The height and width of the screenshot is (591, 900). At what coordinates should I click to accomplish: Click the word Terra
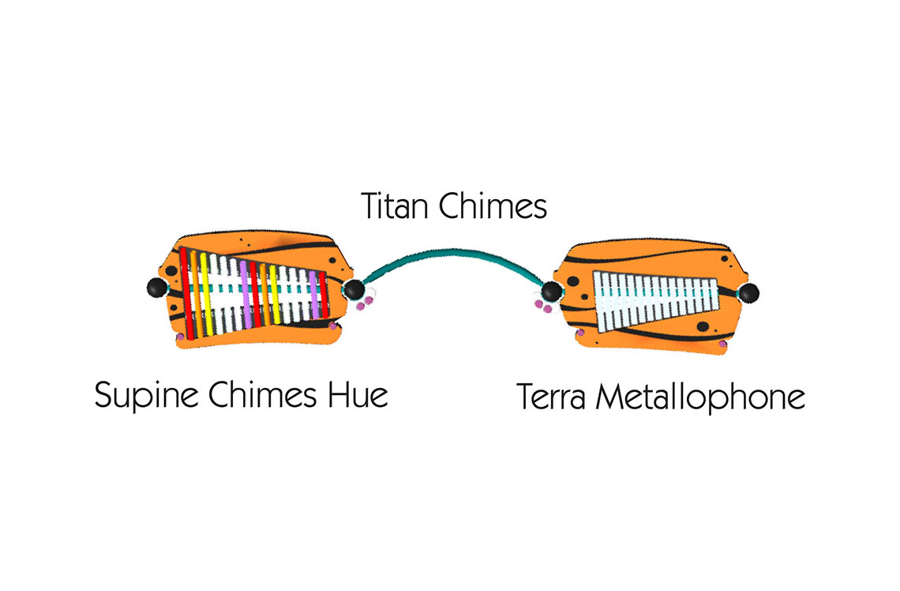pyautogui.click(x=551, y=397)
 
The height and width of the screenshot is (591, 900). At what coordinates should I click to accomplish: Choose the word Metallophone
pyautogui.click(x=700, y=398)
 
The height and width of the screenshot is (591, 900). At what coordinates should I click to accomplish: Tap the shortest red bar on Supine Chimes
pyautogui.click(x=324, y=295)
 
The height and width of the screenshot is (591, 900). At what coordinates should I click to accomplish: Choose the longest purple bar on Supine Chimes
pyautogui.click(x=245, y=295)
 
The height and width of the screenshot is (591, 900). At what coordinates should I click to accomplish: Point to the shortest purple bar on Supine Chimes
pyautogui.click(x=313, y=295)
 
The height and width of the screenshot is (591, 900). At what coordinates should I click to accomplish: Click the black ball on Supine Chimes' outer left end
pyautogui.click(x=156, y=287)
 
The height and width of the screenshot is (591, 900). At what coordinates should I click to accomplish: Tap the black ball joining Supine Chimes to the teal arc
pyautogui.click(x=354, y=289)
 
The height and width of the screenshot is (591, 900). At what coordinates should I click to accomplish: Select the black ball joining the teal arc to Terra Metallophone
pyautogui.click(x=552, y=292)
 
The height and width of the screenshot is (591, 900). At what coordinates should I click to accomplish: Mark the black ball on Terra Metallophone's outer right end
pyautogui.click(x=748, y=293)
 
